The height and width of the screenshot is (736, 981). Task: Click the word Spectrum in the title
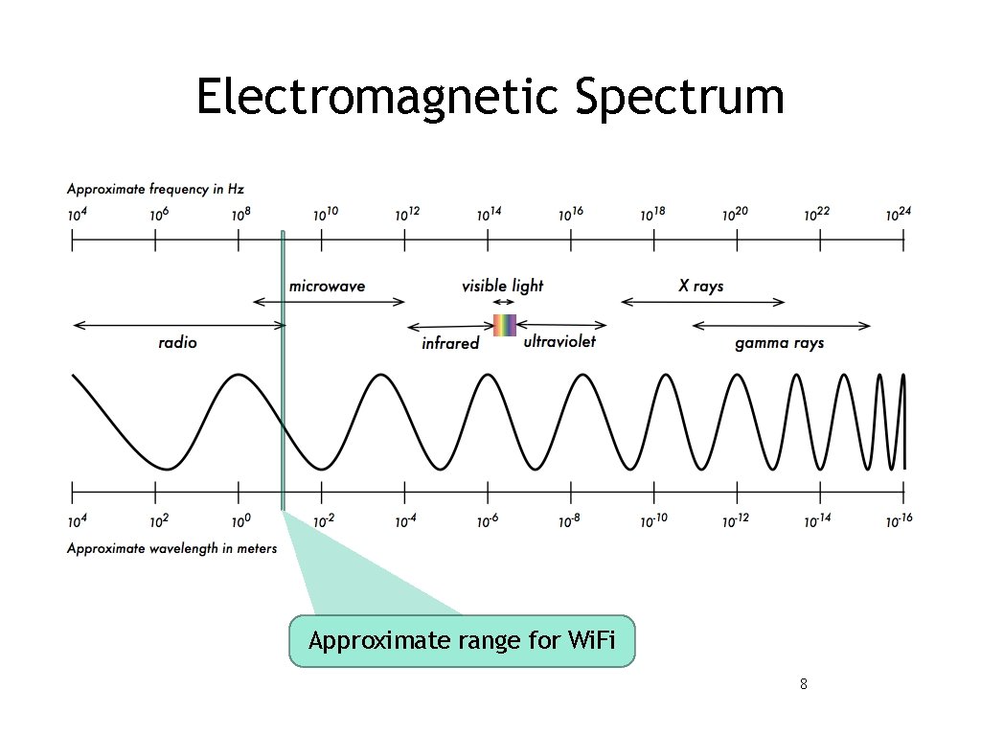tap(680, 97)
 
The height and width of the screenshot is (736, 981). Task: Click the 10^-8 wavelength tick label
tap(570, 520)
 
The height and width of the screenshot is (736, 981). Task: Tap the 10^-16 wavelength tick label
tap(898, 520)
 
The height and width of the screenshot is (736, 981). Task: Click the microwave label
tap(327, 286)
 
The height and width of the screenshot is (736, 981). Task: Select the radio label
tap(177, 342)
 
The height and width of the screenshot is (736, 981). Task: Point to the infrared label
tap(449, 343)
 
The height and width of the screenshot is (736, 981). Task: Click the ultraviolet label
tap(559, 341)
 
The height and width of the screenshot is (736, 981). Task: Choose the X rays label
tap(700, 286)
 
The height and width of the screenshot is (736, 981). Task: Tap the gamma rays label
tap(779, 342)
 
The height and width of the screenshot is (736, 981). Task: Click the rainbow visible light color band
tap(504, 325)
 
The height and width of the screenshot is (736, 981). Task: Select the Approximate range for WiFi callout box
tap(462, 641)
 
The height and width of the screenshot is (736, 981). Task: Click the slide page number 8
tap(803, 684)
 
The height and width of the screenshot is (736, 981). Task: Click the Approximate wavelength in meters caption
tap(171, 548)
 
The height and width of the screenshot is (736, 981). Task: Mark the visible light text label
tap(502, 286)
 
